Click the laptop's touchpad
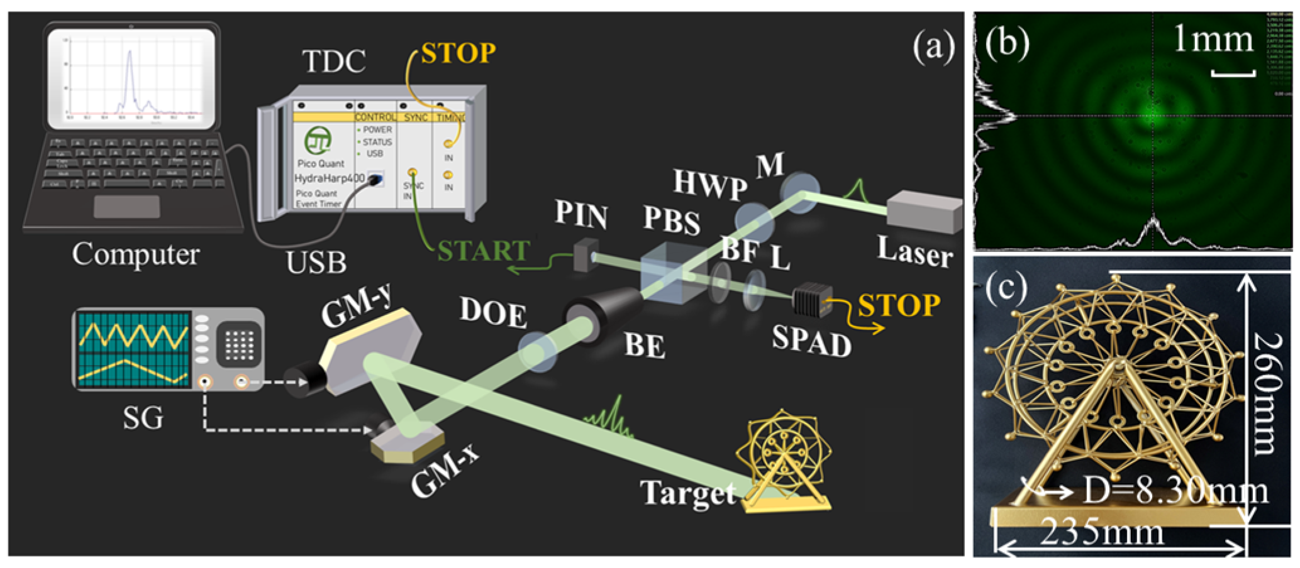(126, 206)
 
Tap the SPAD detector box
(811, 301)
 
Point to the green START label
(483, 251)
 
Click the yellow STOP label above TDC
(458, 53)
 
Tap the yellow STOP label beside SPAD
(899, 306)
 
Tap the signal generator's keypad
(239, 344)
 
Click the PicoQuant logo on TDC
(318, 141)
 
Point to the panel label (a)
(933, 47)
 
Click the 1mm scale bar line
(1233, 74)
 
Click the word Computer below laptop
(135, 254)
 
